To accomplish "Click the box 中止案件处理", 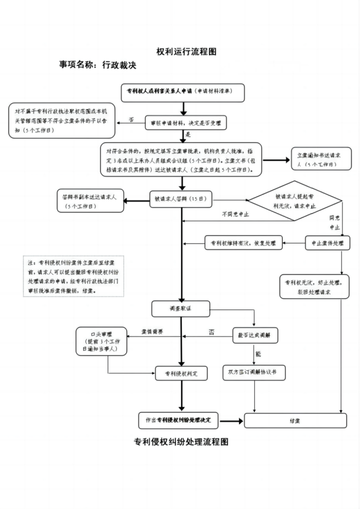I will (x=327, y=243).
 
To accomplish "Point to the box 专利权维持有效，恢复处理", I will (x=244, y=243).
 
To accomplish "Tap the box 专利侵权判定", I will (x=181, y=373).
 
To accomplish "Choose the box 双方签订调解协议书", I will (x=253, y=373).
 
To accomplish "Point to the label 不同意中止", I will (x=235, y=214).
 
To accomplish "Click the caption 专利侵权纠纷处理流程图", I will (x=181, y=442).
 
